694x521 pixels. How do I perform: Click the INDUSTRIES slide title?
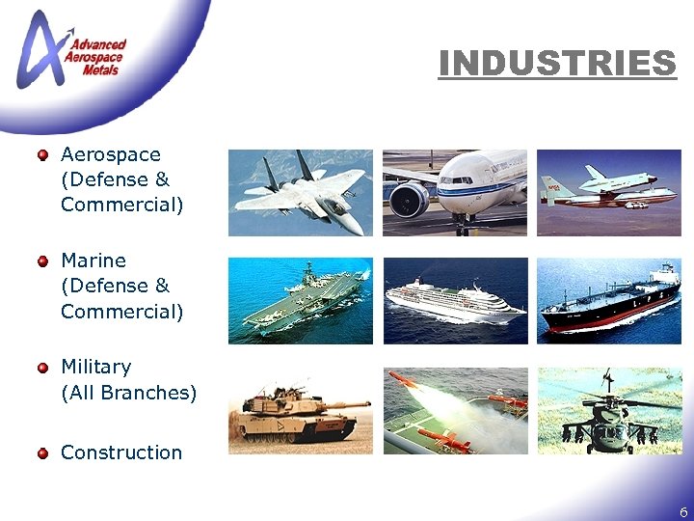(x=557, y=64)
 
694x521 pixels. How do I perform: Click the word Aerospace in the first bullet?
(x=110, y=154)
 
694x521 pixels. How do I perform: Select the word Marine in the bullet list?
(x=93, y=260)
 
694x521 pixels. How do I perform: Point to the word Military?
(x=95, y=367)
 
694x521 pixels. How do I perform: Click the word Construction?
(x=121, y=452)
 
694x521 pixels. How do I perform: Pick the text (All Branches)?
(x=128, y=393)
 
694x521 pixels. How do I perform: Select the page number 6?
(x=683, y=512)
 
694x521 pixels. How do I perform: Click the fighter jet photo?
(x=301, y=193)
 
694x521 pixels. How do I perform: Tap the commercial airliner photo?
(x=455, y=193)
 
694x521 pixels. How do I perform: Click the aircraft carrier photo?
(x=301, y=301)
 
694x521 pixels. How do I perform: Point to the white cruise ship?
(x=455, y=301)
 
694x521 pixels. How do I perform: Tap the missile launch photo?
(x=455, y=410)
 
